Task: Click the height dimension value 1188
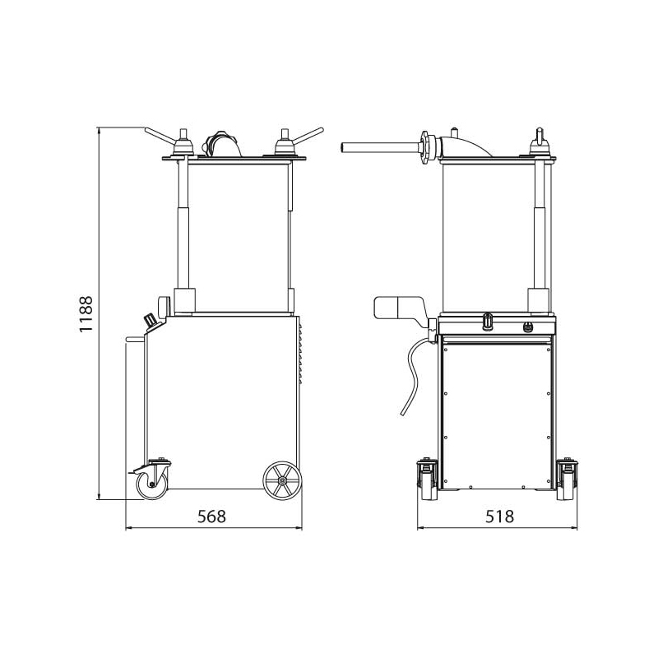point(86,314)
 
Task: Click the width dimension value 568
point(212,517)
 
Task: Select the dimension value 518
point(500,517)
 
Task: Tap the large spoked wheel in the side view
point(282,481)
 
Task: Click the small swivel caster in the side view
point(151,480)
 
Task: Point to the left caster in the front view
point(428,480)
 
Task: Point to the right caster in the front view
point(567,480)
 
